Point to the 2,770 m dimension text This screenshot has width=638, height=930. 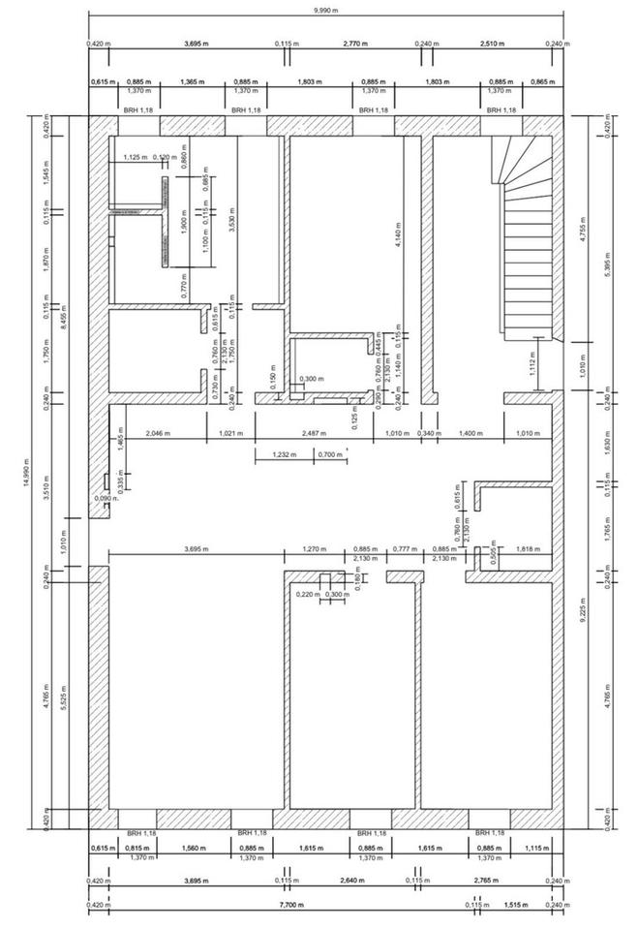pos(357,44)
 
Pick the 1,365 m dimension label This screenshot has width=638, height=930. pos(196,82)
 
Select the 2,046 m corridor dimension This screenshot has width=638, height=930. pos(158,432)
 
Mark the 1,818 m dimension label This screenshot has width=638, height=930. pos(528,549)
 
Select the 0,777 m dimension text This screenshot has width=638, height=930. pos(404,549)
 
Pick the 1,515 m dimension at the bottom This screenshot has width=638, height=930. pos(517,906)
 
